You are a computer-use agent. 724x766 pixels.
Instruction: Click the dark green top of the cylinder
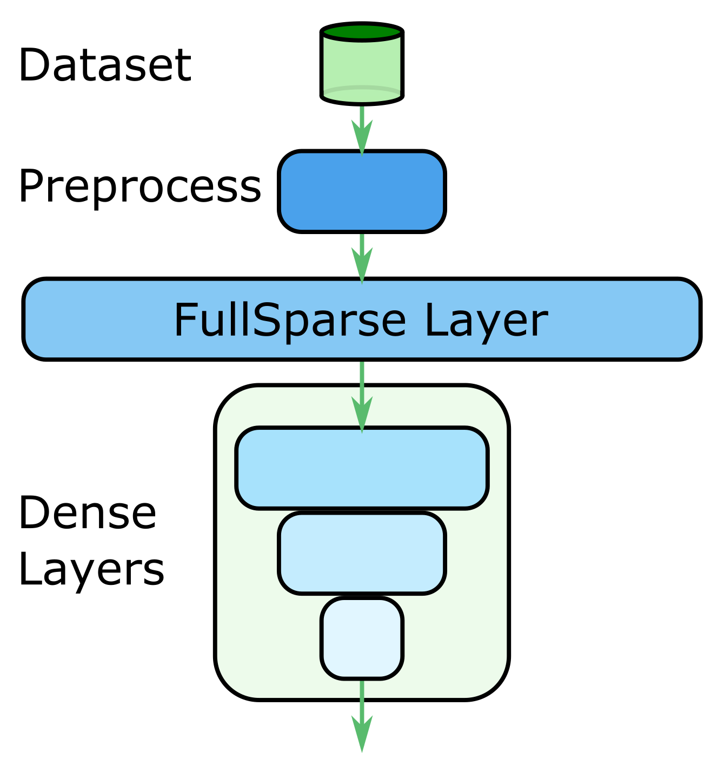pos(362,32)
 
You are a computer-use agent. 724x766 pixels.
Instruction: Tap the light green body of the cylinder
pos(362,65)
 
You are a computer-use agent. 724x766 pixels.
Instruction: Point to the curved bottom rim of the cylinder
pos(362,98)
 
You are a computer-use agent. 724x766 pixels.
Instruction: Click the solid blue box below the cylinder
pos(362,191)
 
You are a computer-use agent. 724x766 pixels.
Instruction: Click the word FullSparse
pos(289,321)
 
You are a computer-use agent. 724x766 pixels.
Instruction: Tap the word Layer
pos(486,321)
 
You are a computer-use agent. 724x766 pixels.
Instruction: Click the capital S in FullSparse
pos(265,320)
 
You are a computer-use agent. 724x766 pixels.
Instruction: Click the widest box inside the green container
pos(362,468)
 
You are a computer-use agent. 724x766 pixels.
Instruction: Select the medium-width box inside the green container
pos(362,553)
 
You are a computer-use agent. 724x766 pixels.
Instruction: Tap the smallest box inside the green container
pos(362,638)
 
